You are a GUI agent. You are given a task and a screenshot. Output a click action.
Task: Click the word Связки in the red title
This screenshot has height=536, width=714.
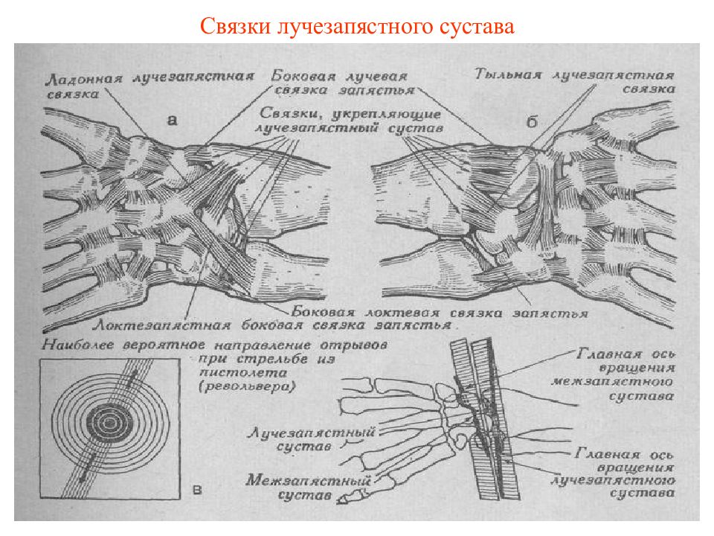(235, 27)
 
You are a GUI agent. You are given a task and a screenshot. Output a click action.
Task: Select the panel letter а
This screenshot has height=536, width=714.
(172, 121)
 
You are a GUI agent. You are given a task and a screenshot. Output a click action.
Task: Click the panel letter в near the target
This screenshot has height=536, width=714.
(198, 490)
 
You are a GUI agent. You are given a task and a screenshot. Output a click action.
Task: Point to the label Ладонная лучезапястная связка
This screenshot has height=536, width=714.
(149, 85)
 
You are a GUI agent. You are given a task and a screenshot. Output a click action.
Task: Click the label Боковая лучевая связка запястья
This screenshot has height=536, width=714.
(341, 83)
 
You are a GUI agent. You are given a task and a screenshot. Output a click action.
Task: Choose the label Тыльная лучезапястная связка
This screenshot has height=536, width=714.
(575, 81)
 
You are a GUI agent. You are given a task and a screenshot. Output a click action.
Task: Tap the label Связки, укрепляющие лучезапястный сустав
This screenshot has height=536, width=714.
(348, 121)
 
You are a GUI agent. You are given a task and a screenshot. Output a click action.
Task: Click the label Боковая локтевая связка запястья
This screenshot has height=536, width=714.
(440, 313)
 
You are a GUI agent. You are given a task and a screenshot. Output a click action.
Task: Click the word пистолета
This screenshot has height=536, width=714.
(242, 372)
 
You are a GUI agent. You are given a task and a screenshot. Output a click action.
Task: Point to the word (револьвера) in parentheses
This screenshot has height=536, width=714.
(247, 387)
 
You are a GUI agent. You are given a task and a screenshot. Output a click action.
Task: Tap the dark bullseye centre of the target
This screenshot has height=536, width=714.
(109, 423)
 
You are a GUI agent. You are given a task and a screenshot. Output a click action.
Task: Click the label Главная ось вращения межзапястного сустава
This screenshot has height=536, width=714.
(613, 374)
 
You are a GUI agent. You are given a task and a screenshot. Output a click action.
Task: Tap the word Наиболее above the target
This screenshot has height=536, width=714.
(78, 345)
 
